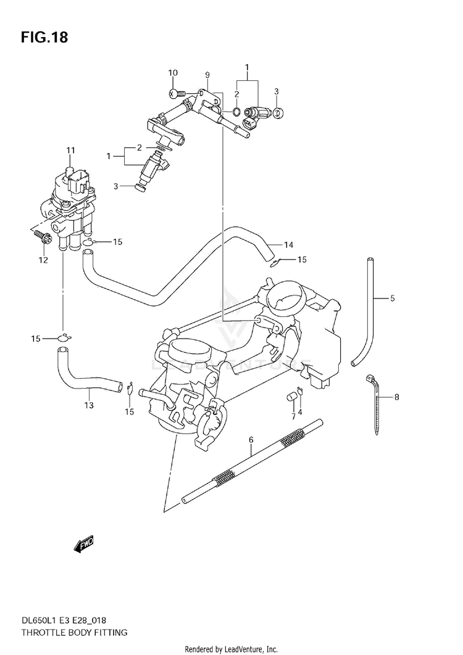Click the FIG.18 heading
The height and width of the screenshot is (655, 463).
coord(44,37)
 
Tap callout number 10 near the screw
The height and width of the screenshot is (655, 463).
coord(173,73)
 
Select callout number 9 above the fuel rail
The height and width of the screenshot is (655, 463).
coord(207,75)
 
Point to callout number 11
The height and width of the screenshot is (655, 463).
coord(70,150)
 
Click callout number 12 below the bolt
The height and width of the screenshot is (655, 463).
coord(43,260)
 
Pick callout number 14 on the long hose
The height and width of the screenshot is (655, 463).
coord(288,245)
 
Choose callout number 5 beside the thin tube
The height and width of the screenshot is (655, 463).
coord(393,299)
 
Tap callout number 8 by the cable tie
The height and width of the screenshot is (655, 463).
coord(396,397)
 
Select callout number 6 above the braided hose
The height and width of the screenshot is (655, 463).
coord(251,440)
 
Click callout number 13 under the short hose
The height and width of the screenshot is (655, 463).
coord(89,405)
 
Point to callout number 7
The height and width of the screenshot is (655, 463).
coord(293,416)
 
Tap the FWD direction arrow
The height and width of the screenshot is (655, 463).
coord(84,544)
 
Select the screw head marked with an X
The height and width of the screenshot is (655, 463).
coord(172,94)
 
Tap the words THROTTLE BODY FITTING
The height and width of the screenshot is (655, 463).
coord(75,632)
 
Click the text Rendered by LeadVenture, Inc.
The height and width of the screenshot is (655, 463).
coord(231,649)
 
